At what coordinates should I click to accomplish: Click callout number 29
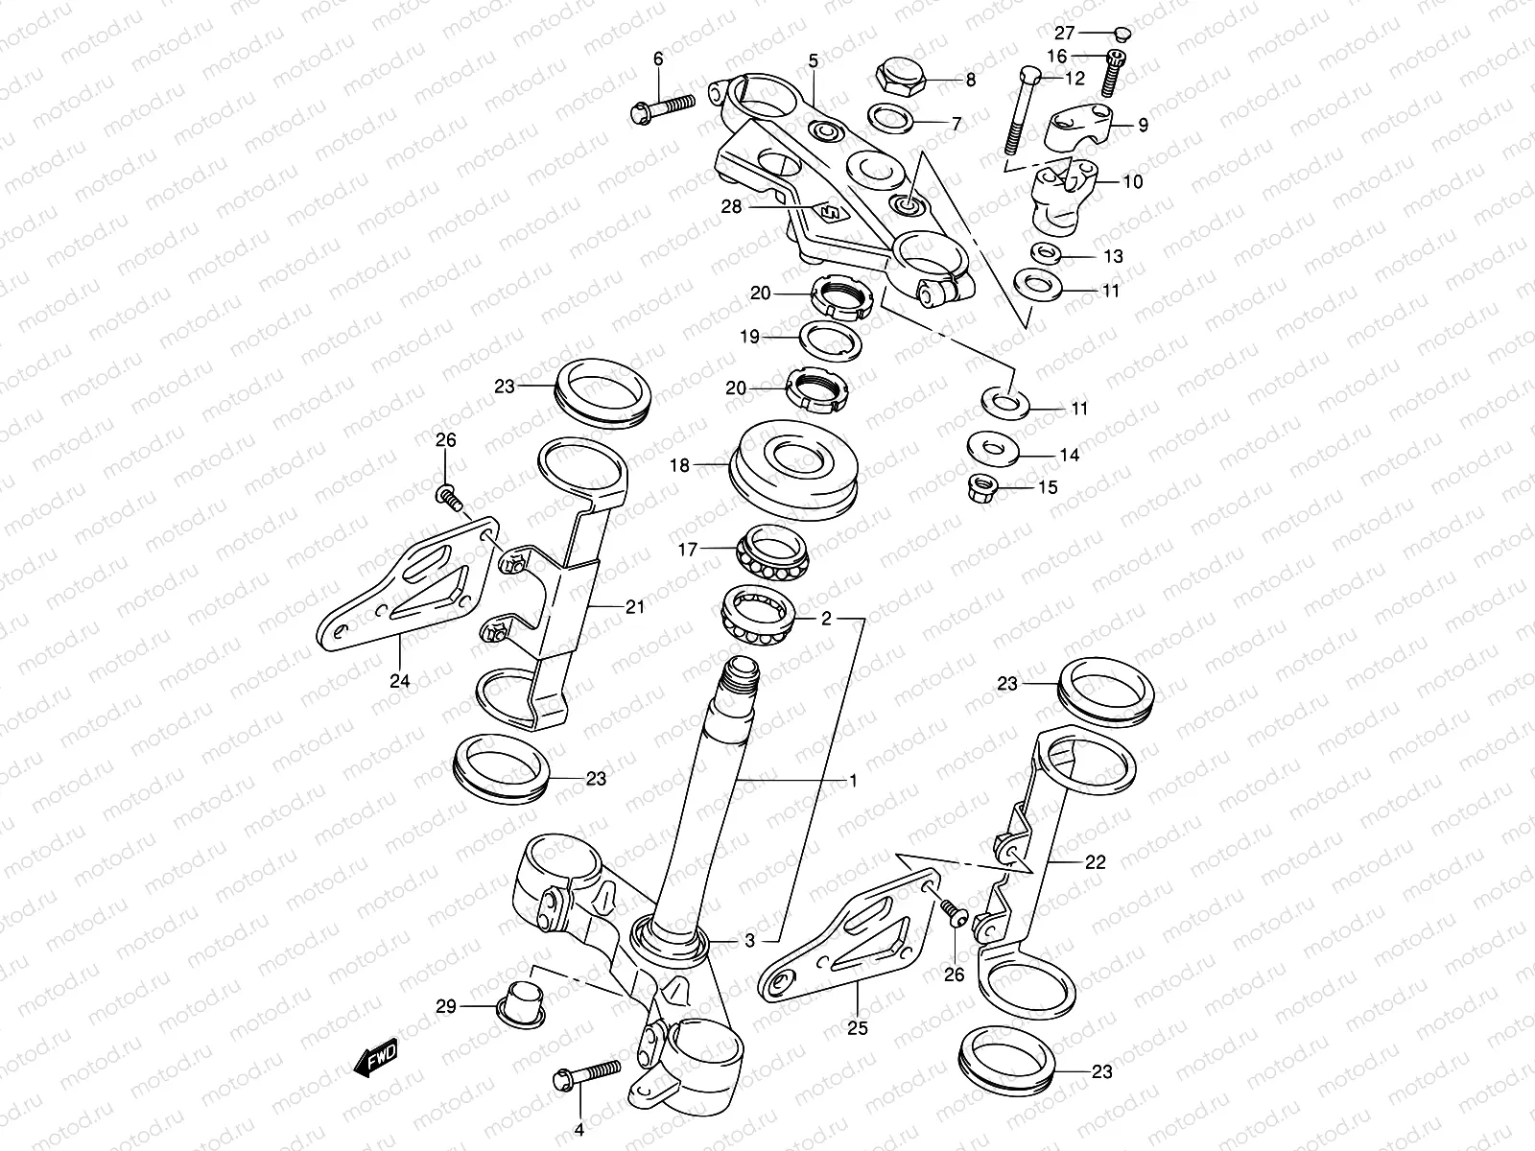click(446, 1006)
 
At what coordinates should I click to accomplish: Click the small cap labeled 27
click(1123, 33)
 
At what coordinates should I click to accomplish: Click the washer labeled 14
click(990, 447)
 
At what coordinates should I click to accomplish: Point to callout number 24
click(399, 681)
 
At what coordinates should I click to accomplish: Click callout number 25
click(858, 1027)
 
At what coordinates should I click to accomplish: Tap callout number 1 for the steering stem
click(853, 781)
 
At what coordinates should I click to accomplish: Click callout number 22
click(1095, 862)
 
